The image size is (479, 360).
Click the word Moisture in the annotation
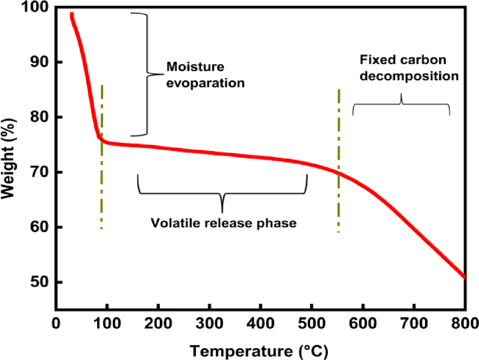188,67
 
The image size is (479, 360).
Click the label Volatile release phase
223,223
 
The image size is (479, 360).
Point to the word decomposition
409,76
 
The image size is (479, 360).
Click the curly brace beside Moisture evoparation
145,73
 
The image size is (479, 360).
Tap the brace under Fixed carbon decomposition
401,105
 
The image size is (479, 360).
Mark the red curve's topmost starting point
71,14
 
